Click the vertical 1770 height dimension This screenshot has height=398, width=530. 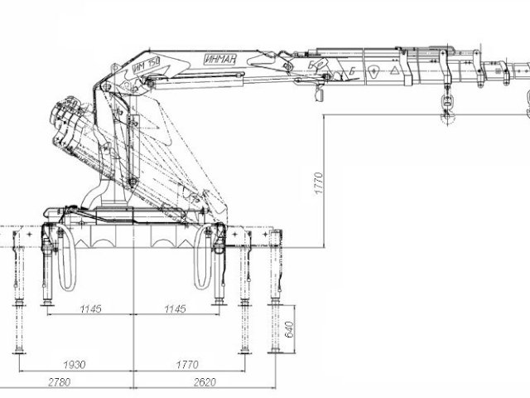pyautogui.click(x=316, y=182)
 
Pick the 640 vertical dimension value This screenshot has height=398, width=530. pyautogui.click(x=289, y=329)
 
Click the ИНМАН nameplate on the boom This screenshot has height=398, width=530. pyautogui.click(x=219, y=59)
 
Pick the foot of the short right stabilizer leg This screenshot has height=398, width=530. pyautogui.click(x=219, y=301)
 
